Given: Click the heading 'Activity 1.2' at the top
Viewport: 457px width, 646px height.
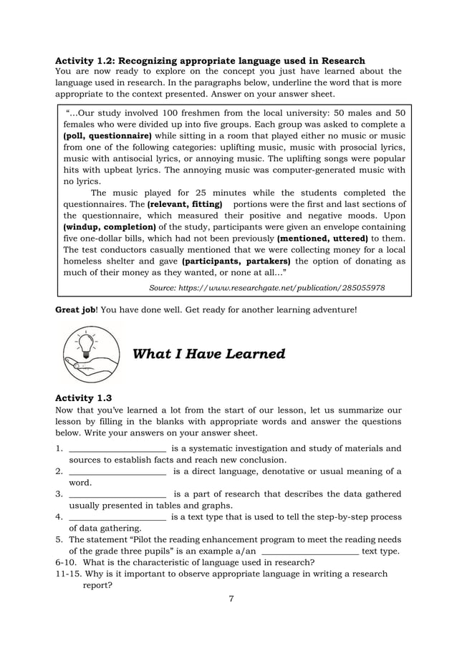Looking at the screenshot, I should tap(210, 60).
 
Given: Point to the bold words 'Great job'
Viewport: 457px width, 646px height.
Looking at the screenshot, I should tap(75, 310).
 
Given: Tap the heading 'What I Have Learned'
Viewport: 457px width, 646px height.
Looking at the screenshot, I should tap(209, 355).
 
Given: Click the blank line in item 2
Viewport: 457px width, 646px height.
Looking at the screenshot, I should tap(117, 473).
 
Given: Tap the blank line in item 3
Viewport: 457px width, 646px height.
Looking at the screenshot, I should tap(117, 496).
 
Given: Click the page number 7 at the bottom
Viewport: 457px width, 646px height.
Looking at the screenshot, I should tap(231, 599).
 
